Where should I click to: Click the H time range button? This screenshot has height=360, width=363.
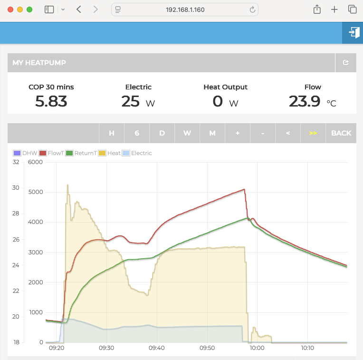click(x=112, y=133)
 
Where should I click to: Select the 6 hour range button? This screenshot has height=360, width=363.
click(x=137, y=133)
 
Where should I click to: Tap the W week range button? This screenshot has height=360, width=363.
click(x=187, y=133)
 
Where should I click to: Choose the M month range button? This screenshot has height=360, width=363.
click(x=212, y=133)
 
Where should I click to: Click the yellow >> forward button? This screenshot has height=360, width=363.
click(x=313, y=133)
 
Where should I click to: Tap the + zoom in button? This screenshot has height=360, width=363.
click(x=238, y=133)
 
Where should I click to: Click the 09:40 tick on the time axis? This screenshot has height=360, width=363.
click(x=157, y=348)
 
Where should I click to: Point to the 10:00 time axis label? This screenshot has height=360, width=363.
click(x=257, y=348)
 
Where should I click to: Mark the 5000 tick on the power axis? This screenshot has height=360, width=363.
click(x=36, y=192)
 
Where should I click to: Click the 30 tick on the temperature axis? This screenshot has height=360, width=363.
click(x=16, y=188)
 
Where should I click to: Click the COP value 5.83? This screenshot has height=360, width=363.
click(x=51, y=101)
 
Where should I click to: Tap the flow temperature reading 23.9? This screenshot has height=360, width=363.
click(x=305, y=101)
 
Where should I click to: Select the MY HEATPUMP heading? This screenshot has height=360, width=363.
click(x=39, y=63)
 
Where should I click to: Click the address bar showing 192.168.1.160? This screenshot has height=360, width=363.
click(x=185, y=10)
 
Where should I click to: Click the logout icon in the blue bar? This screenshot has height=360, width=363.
click(x=353, y=32)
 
